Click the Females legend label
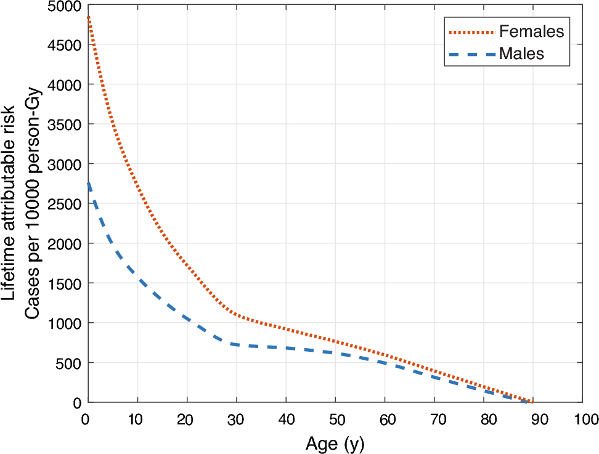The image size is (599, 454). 531,31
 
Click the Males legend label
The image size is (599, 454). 521,54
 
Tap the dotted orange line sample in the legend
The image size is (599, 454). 472,31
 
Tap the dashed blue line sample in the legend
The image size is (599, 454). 472,54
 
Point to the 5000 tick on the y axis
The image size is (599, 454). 65,6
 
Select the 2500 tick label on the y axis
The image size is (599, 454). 65,204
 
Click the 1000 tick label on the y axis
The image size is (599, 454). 65,323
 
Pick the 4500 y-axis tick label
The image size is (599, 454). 65,45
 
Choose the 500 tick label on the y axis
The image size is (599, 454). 68,363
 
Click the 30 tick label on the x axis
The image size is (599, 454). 236,420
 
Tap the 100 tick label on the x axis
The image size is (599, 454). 582,420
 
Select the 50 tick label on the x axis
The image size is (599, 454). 335,420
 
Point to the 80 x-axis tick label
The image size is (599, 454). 483,420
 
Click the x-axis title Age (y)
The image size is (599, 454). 335,443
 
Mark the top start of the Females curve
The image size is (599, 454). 89,17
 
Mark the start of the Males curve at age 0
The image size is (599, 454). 89,183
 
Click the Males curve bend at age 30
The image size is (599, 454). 236,344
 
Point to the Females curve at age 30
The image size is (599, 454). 236,314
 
